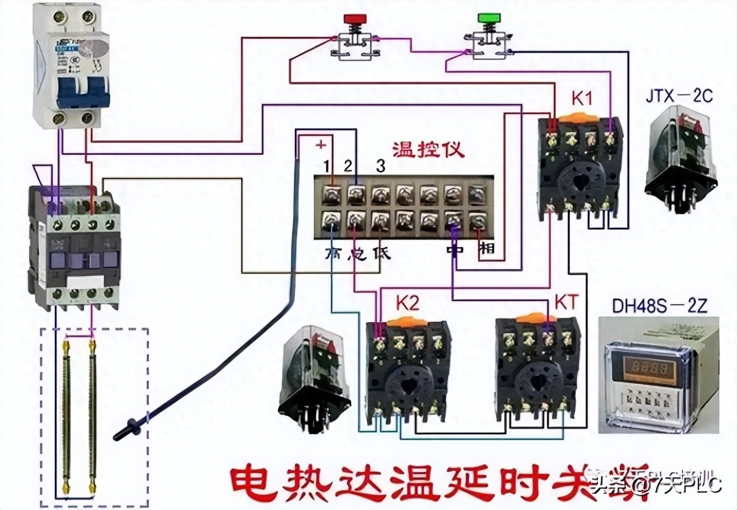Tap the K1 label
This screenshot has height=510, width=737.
pos(582,99)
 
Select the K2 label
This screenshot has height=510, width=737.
pos(408,303)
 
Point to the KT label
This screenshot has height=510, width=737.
pos(566,302)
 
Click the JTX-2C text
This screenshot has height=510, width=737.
pos(679,95)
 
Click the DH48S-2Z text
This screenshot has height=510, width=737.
pos(659,306)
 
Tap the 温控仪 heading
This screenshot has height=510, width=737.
pos(428,150)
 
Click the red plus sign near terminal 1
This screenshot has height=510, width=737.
pos(321,145)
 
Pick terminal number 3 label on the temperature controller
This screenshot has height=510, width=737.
pos(381,165)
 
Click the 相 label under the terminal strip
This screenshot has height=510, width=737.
pos(487,249)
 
